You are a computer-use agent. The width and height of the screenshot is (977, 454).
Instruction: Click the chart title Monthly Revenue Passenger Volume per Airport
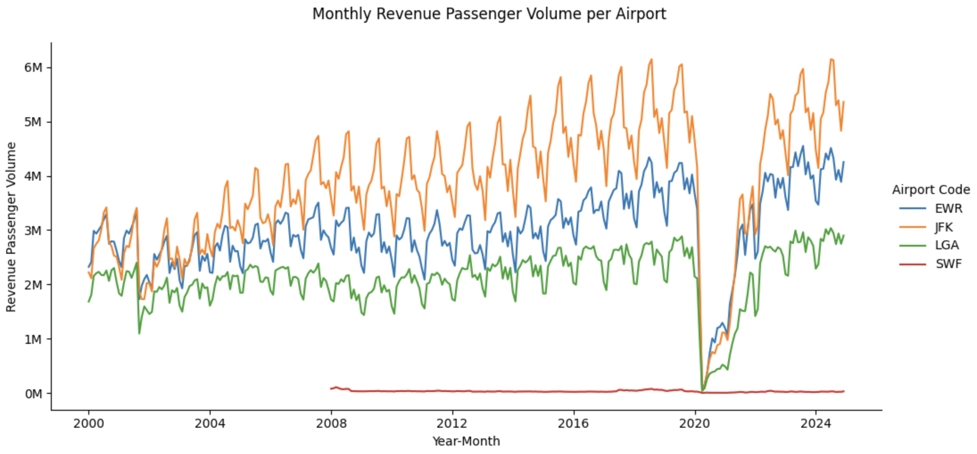click(x=489, y=14)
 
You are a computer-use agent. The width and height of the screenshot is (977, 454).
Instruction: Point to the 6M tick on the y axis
click(x=33, y=68)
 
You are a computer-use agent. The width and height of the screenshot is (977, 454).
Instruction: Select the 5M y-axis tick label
click(x=33, y=122)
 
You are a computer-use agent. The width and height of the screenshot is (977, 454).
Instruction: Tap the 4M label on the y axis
click(x=33, y=177)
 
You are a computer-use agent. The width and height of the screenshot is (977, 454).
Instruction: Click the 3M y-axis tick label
click(x=33, y=231)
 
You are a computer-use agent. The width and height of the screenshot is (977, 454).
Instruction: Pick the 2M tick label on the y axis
click(x=33, y=285)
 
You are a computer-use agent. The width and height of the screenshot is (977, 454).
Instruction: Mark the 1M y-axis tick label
click(x=33, y=339)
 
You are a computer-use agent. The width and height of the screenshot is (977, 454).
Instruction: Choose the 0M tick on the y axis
click(x=33, y=394)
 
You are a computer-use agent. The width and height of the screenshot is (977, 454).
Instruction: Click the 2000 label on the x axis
click(x=88, y=423)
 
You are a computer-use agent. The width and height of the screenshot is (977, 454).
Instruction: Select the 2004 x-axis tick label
click(x=210, y=423)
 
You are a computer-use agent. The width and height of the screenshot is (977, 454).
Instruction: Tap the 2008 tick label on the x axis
click(x=331, y=423)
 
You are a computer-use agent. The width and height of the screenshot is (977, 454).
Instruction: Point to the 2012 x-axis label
click(x=452, y=423)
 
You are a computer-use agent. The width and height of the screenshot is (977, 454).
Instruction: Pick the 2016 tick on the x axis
click(x=574, y=423)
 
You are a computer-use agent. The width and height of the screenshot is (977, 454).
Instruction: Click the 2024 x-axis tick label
click(x=816, y=423)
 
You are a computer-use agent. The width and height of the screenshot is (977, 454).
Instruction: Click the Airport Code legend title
click(x=931, y=190)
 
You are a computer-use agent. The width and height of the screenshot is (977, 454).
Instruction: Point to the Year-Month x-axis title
click(x=466, y=442)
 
